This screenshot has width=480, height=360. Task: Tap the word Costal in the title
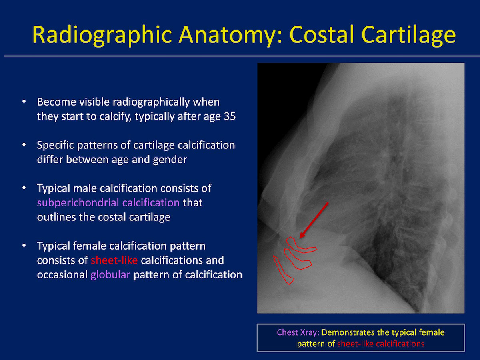coord(321,34)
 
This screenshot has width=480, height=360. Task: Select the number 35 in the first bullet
coord(230,116)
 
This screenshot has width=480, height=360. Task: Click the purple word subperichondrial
coord(78,203)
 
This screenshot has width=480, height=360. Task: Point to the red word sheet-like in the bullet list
coord(114,260)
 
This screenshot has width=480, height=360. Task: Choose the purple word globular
coord(110,275)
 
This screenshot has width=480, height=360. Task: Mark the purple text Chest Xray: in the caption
coord(298,332)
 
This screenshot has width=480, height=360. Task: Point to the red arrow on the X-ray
coord(314,220)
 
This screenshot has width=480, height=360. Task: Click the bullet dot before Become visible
coord(24,102)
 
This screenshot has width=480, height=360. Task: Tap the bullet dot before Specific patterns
coord(24,145)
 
